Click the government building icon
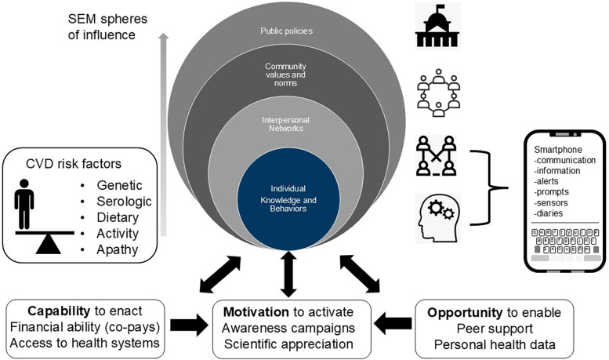(437, 26)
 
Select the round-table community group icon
(438, 93)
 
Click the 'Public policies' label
(286, 31)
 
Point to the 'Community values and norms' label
(285, 75)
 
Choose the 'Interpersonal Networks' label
(285, 125)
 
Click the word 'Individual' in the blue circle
(288, 188)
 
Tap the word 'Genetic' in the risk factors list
(119, 185)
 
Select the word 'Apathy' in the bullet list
(118, 249)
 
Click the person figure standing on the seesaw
(24, 204)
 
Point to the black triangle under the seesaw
(48, 245)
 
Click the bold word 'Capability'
(59, 311)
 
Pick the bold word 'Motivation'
(256, 312)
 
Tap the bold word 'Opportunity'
(465, 313)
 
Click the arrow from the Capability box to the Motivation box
(189, 325)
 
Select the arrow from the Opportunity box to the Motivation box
(393, 323)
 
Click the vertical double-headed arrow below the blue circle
(288, 274)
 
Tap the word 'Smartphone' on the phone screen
(558, 150)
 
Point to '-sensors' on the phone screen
(551, 202)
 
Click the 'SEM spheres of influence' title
(107, 27)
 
